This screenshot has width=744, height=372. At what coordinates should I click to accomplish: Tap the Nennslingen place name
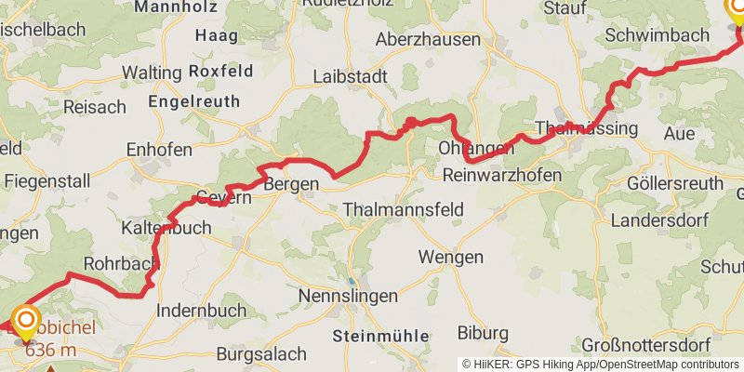348,297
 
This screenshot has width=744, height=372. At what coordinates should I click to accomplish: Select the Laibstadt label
351,77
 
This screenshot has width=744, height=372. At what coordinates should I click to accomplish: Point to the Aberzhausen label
428,40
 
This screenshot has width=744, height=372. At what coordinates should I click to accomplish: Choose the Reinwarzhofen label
502,175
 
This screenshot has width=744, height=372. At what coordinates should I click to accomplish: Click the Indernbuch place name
202,311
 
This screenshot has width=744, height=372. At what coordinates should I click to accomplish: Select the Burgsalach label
261,354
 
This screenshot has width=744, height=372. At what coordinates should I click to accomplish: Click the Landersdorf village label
655,221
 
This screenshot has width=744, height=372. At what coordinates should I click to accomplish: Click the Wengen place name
450,258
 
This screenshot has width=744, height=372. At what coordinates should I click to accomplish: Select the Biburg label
483,333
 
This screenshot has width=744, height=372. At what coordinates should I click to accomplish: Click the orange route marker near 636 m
25,321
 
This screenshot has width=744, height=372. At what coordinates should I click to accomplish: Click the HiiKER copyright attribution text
601,364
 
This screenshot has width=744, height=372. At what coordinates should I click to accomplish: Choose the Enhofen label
159,150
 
